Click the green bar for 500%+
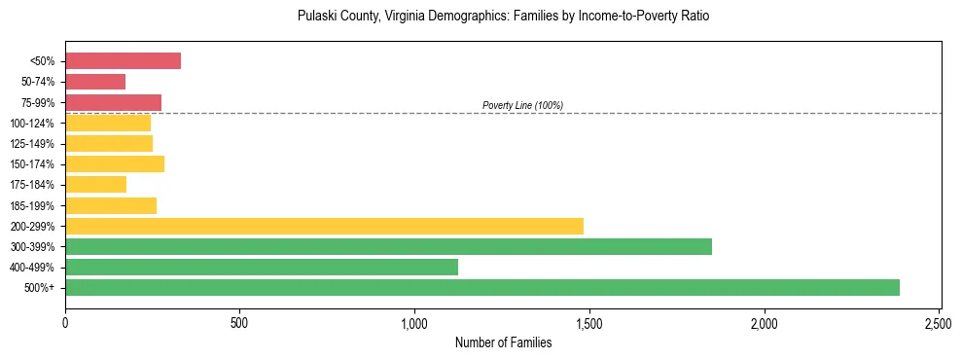coord(482,288)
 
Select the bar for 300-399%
coord(388,246)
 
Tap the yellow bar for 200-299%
coord(324,226)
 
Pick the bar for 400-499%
coord(262,267)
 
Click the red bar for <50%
coord(123,61)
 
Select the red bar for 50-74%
coord(95,82)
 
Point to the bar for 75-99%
coord(113,102)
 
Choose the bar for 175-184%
coord(95,184)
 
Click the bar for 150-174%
coord(115,163)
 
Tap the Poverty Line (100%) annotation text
coord(522,105)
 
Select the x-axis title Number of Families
coord(503,342)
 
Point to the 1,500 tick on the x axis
coord(589,322)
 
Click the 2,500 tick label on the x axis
coord(939,322)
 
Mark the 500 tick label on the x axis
coord(239,322)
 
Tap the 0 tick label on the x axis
coord(65,322)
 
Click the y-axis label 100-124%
coord(33,124)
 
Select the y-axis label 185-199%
coord(33,205)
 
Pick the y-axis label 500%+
coord(40,288)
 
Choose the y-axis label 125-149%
coord(33,144)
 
